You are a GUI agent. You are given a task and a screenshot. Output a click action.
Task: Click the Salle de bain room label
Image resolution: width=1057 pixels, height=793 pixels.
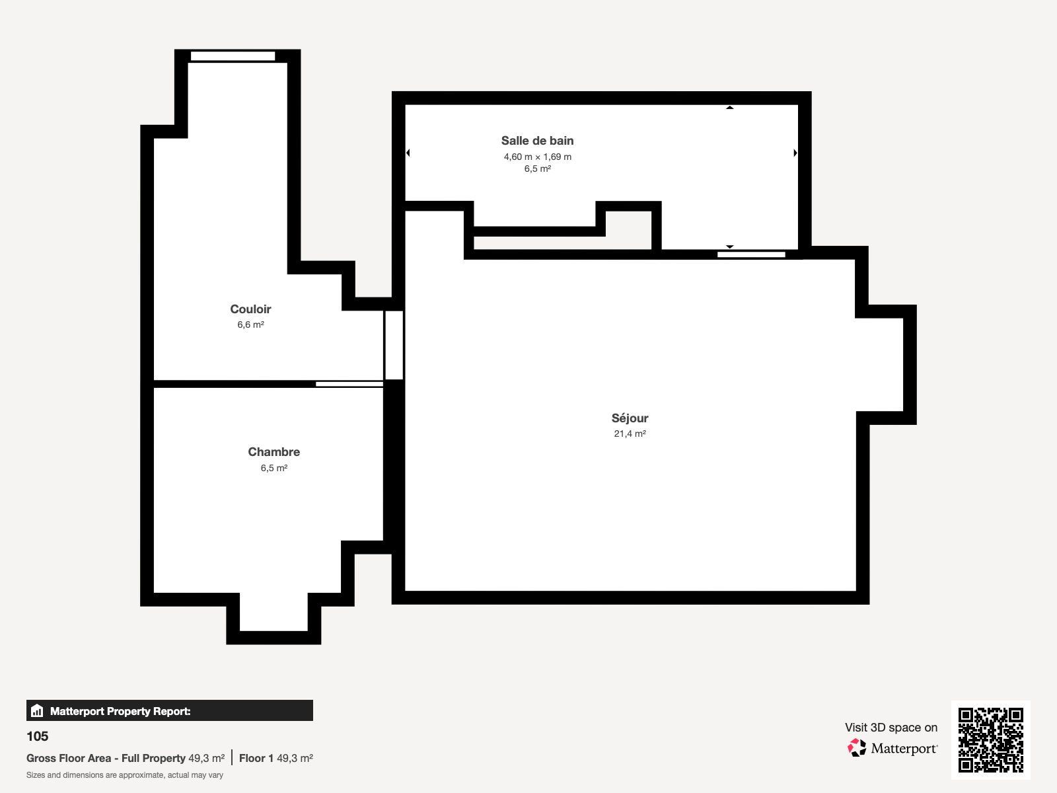tap(537, 141)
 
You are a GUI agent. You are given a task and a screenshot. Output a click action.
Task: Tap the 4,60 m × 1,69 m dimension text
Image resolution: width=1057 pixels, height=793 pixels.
tap(537, 157)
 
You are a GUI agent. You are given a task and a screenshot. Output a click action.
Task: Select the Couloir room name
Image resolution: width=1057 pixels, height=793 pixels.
tap(250, 309)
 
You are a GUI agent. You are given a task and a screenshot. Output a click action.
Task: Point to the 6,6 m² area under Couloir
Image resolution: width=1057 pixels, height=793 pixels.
tap(250, 324)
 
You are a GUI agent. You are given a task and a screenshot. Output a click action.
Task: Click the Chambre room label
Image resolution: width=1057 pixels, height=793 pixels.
tap(273, 452)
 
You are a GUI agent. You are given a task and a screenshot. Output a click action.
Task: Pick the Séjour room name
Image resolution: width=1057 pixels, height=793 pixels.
tap(630, 418)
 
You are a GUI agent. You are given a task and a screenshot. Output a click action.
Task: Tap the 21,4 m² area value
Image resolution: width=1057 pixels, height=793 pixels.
tap(630, 434)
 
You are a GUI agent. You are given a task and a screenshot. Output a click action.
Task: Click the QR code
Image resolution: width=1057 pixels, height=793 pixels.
tap(990, 739)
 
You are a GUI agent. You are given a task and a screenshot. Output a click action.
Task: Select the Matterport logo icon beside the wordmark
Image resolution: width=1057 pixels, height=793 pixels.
tap(857, 748)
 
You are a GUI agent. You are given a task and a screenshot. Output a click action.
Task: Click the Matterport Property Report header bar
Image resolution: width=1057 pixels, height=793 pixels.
tap(169, 711)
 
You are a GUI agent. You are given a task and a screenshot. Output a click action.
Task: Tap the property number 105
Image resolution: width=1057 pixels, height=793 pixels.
tap(38, 736)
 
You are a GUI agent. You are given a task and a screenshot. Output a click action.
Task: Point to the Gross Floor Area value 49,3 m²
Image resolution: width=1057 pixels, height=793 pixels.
tap(206, 758)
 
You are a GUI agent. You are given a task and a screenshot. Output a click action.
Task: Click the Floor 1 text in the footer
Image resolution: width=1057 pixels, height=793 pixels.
tap(256, 758)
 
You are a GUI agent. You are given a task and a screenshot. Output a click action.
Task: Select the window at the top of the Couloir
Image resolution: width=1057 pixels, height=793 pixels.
tap(233, 56)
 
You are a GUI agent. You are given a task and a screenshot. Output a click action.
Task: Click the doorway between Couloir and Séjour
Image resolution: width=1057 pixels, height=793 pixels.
tap(394, 345)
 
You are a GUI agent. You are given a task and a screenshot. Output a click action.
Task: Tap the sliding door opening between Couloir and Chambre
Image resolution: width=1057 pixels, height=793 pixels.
tap(349, 384)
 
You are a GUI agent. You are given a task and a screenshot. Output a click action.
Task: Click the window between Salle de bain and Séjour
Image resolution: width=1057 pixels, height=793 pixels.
tap(751, 254)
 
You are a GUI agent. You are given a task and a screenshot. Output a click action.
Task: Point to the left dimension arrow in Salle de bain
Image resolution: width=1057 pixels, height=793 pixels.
tap(408, 153)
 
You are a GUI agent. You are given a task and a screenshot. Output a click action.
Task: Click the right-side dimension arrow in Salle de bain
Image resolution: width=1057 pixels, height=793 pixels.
tap(795, 153)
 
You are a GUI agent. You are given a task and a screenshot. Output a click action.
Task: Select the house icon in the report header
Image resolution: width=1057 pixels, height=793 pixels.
tap(37, 711)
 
